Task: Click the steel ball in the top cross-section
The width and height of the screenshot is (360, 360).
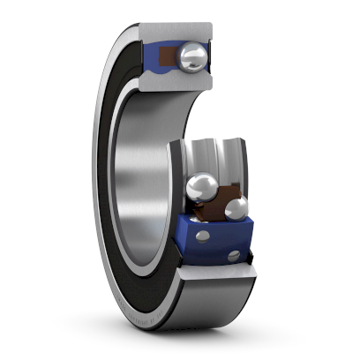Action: click(x=192, y=58)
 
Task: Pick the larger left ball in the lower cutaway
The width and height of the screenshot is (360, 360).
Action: click(x=202, y=188)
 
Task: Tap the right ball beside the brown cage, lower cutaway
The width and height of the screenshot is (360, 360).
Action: click(x=236, y=208)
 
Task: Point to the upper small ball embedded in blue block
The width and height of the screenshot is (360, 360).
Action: click(x=203, y=236)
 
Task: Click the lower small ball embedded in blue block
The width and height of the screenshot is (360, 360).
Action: click(x=234, y=256)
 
